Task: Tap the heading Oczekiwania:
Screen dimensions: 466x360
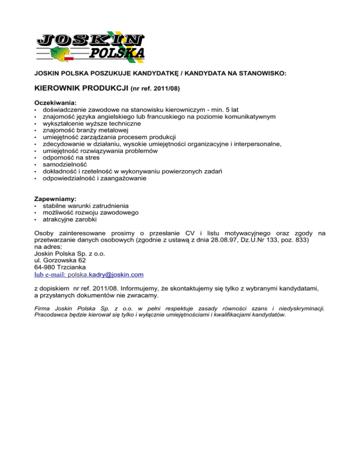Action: pyautogui.click(x=56, y=101)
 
